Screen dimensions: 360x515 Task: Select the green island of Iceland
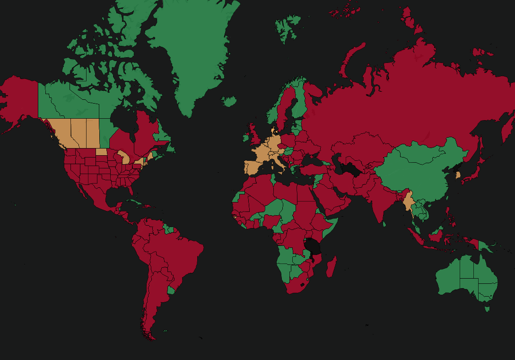229,101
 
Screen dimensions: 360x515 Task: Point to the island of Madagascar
332,267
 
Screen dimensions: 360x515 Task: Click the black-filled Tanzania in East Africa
312,246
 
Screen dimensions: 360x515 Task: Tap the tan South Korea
458,175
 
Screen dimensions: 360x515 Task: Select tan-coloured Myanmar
408,201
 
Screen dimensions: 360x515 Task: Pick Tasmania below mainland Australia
487,309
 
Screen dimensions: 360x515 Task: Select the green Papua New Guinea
483,246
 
